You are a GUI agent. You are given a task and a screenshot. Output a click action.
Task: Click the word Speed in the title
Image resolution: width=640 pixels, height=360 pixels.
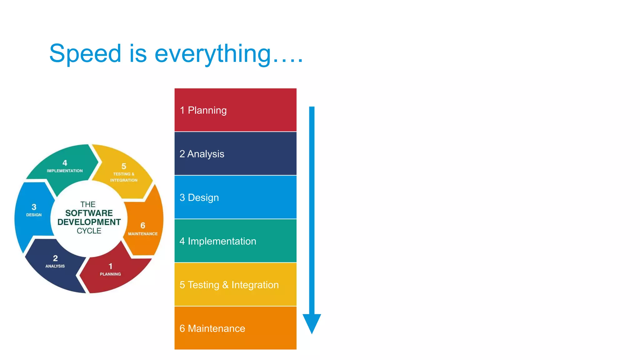[85, 54]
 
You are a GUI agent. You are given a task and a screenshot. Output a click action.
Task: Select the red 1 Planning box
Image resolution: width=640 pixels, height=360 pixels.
[235, 110]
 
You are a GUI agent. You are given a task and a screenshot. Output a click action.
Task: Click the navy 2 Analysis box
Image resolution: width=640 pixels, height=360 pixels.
[235, 153]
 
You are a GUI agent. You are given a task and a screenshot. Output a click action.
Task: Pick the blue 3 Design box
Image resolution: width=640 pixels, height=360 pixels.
[235, 197]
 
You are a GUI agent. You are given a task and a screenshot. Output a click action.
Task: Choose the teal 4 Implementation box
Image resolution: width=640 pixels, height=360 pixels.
[235, 241]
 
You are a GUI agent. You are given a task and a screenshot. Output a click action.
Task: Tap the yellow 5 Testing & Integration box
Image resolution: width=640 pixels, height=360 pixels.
[235, 284]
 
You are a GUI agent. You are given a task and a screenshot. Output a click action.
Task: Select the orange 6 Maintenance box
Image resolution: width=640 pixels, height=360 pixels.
[235, 328]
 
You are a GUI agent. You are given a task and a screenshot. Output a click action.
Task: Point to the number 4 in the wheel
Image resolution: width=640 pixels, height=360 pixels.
[65, 163]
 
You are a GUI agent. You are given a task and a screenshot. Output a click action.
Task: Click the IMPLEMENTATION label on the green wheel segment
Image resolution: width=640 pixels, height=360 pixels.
[65, 171]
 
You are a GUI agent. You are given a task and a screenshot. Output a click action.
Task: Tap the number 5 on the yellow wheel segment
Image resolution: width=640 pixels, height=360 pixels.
[124, 166]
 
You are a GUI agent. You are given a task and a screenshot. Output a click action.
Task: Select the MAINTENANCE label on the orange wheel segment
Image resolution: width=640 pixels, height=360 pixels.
[143, 234]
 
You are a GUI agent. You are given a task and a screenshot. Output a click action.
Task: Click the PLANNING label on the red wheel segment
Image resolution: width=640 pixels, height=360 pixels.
[110, 274]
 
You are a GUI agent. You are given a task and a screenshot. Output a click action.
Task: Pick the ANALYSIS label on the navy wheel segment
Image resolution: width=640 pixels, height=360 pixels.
[55, 266]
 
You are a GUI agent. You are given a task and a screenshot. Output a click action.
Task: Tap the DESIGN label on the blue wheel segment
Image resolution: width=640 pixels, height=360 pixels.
[34, 215]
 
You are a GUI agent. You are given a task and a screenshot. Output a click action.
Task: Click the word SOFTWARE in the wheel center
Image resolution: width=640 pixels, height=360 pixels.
[89, 213]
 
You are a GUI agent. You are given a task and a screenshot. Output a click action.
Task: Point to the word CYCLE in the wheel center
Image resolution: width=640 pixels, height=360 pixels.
[89, 231]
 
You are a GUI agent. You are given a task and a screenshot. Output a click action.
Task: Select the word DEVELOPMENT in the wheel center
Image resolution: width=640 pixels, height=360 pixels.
[89, 222]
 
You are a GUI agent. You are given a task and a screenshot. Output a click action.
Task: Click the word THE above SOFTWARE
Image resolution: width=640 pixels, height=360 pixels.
[88, 204]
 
